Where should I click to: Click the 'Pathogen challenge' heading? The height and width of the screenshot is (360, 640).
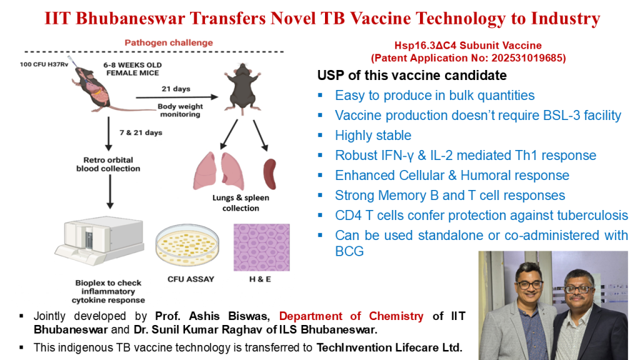click(169, 43)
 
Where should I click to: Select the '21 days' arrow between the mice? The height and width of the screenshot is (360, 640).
click(177, 97)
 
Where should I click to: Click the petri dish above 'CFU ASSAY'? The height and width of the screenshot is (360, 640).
click(187, 244)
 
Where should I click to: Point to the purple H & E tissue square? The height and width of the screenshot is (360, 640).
click(262, 247)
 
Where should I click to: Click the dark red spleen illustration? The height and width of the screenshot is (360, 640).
click(270, 174)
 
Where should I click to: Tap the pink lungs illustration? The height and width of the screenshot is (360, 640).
click(218, 171)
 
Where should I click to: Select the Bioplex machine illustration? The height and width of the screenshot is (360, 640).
click(99, 241)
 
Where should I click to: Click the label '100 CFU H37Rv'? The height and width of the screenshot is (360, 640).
click(44, 64)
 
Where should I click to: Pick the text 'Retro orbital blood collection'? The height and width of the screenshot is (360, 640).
click(108, 164)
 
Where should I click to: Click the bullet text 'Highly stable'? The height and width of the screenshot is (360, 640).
click(373, 136)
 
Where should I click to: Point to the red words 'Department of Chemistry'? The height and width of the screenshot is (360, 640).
click(351, 316)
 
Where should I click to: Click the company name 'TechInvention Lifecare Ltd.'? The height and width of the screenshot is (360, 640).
click(389, 347)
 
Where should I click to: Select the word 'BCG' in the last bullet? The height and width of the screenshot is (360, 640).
click(349, 251)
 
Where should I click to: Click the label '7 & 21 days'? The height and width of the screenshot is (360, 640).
click(141, 132)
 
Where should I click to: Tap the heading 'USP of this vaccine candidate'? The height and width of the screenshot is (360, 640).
click(412, 76)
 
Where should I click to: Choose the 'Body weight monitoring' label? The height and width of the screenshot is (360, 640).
click(180, 110)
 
